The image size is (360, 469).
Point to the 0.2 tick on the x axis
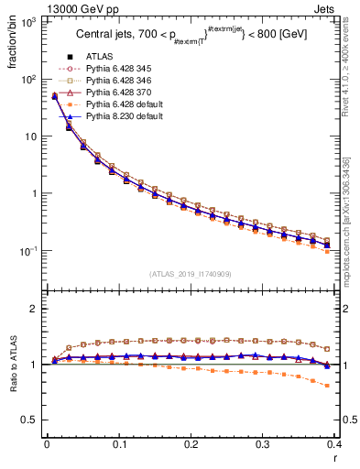click(x=191, y=443)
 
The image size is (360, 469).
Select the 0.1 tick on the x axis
click(x=118, y=443)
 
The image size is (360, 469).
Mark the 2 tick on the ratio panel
click(x=32, y=309)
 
